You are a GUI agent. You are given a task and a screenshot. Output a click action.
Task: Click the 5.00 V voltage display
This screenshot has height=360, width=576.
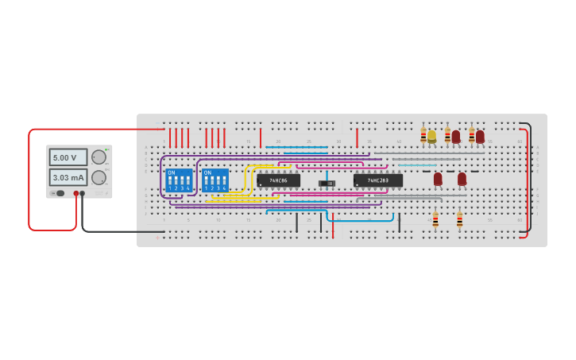pyautogui.click(x=68, y=157)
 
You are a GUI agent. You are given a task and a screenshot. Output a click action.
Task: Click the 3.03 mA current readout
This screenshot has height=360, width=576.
pyautogui.click(x=68, y=177)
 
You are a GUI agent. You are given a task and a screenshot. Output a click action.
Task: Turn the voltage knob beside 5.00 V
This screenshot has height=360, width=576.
pyautogui.click(x=99, y=157)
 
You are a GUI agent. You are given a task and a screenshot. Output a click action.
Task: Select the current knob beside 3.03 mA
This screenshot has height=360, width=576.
pyautogui.click(x=99, y=177)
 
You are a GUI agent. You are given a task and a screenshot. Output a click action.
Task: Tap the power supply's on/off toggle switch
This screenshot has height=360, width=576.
pyautogui.click(x=60, y=193)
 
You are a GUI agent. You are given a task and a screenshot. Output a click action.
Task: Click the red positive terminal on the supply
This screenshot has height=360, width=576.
pyautogui.click(x=76, y=193)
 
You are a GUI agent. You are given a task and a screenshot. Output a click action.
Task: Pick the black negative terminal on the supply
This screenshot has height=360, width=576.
pyautogui.click(x=83, y=193)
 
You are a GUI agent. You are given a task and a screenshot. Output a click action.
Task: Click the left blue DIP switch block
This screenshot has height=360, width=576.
pyautogui.click(x=180, y=180)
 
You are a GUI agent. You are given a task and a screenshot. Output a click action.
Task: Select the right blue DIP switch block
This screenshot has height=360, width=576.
pyautogui.click(x=215, y=180)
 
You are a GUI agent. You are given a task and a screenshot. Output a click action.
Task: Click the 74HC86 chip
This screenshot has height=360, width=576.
pyautogui.click(x=278, y=180)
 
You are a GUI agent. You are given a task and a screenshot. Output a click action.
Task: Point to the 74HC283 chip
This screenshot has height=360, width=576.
pyautogui.click(x=378, y=180)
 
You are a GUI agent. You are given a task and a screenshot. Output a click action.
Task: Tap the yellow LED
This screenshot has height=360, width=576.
pyautogui.click(x=432, y=137)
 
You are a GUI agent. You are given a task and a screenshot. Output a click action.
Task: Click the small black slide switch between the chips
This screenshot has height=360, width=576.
pyautogui.click(x=327, y=184)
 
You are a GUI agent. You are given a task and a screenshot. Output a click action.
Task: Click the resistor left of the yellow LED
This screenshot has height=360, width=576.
pyautogui.click(x=423, y=135)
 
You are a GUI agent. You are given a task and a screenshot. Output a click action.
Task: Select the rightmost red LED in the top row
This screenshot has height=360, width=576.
pyautogui.click(x=480, y=137)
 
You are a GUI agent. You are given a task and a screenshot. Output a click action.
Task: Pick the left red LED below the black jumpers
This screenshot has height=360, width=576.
pyautogui.click(x=438, y=179)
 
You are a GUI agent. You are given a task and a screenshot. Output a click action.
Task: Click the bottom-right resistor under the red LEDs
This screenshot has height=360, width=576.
pyautogui.click(x=459, y=219)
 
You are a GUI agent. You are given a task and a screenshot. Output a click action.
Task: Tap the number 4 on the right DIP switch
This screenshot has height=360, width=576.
pyautogui.click(x=223, y=188)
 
